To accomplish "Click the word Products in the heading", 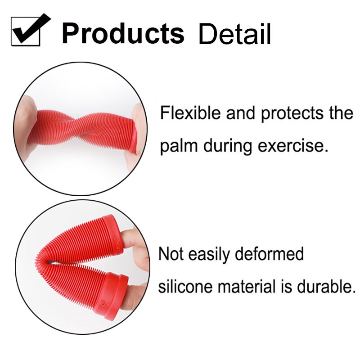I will (123, 33).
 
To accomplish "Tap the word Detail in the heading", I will (234, 34).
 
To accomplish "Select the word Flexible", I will (191, 113).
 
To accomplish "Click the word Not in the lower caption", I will (171, 254).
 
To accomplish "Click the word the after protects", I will (340, 113).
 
